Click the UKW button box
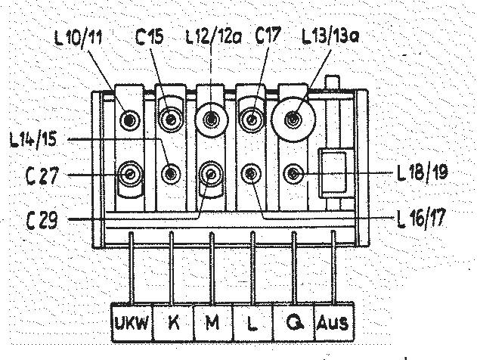point(132,323)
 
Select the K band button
point(173,323)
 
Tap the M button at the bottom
point(212,323)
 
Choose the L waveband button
point(252,323)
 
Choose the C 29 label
point(41,219)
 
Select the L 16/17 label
point(422,219)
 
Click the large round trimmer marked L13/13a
point(294,118)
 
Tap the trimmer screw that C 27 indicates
point(131,175)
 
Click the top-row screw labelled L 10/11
point(131,119)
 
